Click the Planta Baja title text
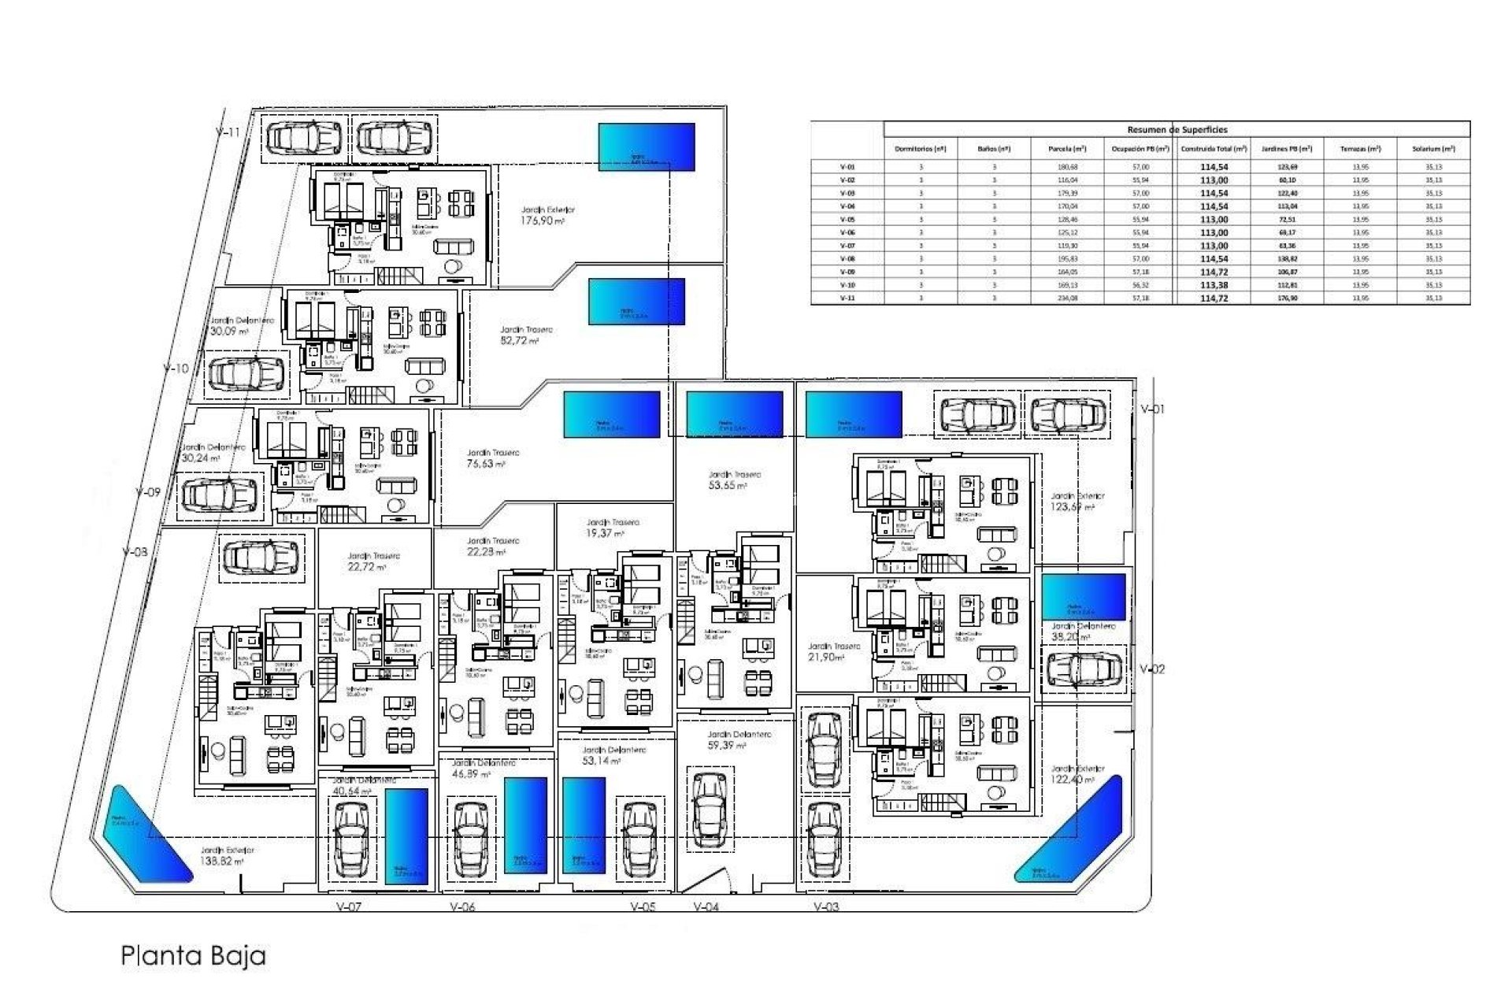(x=193, y=956)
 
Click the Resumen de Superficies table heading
(x=1177, y=130)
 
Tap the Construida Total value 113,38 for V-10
(x=1214, y=285)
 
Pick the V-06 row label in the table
(x=847, y=233)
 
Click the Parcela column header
(x=1067, y=149)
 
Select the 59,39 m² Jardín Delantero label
(x=728, y=739)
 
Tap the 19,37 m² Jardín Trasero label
(x=613, y=528)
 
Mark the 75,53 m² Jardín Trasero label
(x=493, y=459)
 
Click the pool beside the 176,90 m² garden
(x=647, y=146)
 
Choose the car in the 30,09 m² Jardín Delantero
(x=246, y=373)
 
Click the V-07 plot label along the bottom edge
(x=348, y=907)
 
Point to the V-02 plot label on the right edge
(x=1152, y=669)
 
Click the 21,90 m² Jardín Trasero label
(x=834, y=651)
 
